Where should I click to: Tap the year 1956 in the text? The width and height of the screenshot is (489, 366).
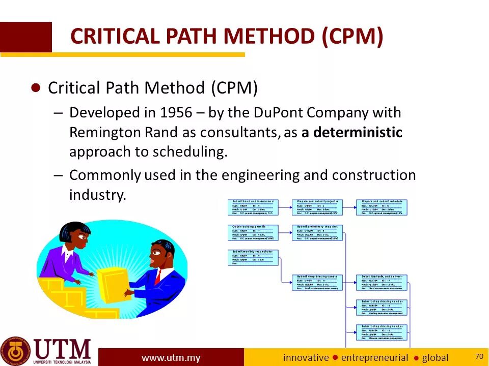coord(175,112)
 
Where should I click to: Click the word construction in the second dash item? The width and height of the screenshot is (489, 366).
coord(374,175)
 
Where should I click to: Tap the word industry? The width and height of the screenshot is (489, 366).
coord(97,195)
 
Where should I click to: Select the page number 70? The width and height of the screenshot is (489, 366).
coord(478,356)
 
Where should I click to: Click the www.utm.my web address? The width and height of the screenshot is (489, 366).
coord(171,358)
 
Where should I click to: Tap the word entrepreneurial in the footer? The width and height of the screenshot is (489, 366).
coord(374,358)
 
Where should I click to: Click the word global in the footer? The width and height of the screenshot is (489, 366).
coord(435,358)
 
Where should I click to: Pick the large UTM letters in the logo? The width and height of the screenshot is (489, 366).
coord(63,349)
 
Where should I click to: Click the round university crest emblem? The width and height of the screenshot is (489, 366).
coord(15,351)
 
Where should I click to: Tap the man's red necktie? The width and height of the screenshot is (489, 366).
coord(158,276)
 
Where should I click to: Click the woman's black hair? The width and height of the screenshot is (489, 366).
coord(75,231)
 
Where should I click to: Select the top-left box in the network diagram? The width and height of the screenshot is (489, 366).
coord(252,207)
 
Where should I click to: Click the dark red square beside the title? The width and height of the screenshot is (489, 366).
coord(25,37)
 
